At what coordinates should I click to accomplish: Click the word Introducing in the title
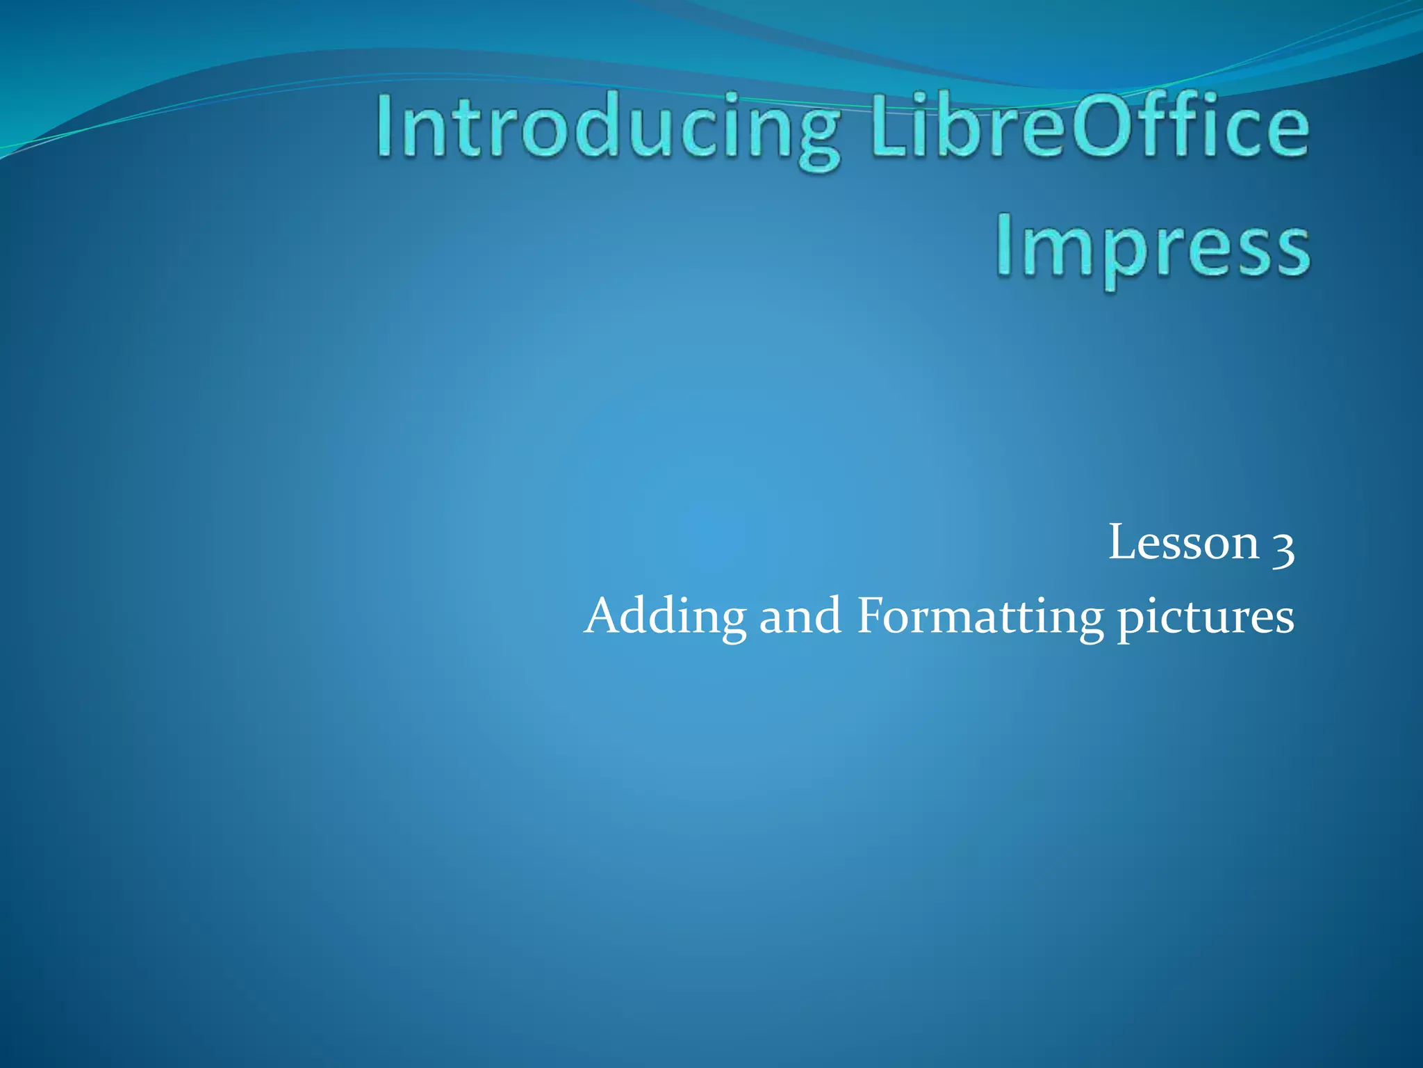click(x=608, y=129)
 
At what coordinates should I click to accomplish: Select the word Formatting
click(x=980, y=617)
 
